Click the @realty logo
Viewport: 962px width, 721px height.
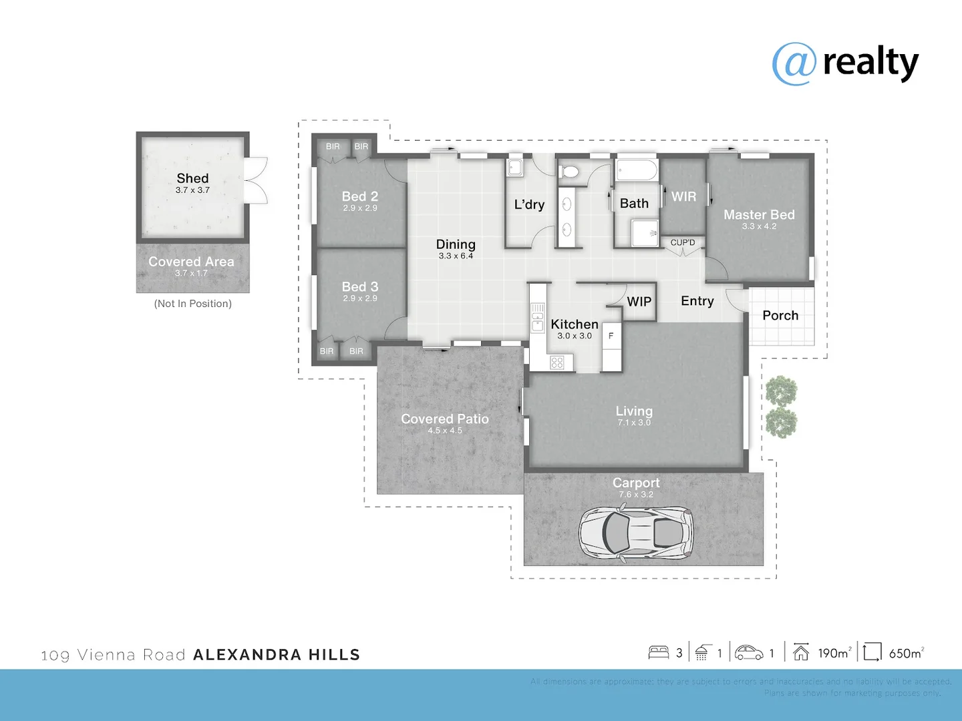tap(845, 63)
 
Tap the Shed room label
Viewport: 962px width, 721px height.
tap(192, 178)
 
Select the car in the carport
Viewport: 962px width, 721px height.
tap(635, 533)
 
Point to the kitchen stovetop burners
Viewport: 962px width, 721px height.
tap(557, 363)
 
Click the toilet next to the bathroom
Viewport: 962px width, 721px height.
tap(569, 172)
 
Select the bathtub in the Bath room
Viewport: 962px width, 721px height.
tap(636, 170)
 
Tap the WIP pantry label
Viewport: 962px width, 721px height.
tap(639, 302)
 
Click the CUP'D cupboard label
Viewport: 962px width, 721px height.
tap(683, 242)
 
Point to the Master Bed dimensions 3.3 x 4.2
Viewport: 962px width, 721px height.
tap(759, 226)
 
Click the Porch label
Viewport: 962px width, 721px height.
tap(780, 315)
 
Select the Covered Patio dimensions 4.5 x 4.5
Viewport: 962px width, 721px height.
tap(445, 431)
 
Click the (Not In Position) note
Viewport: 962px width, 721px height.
tap(192, 304)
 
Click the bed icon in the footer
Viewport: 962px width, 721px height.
tap(658, 652)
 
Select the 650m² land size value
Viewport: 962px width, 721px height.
tap(906, 653)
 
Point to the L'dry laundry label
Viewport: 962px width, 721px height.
tap(529, 204)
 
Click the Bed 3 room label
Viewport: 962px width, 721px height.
tap(359, 286)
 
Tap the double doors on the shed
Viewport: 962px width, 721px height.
tap(257, 180)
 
